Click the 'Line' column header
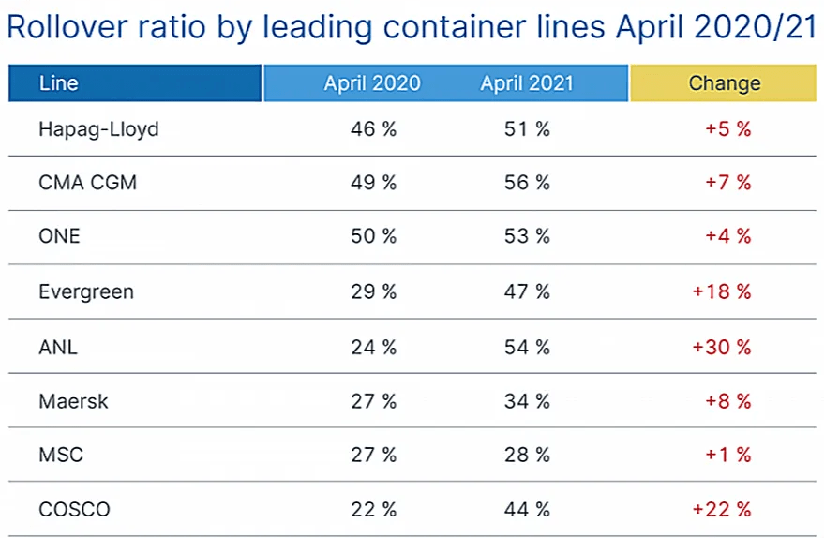58,83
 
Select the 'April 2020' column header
372,83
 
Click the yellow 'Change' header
724,83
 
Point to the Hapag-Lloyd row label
98,129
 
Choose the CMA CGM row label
87,183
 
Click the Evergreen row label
86,291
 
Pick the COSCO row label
74,510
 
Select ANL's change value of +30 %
721,347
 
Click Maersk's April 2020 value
372,401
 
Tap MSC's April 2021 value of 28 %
526,456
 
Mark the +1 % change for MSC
727,456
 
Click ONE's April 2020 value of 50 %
372,237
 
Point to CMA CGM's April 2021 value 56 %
526,183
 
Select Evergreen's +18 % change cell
721,291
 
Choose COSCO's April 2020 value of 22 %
372,510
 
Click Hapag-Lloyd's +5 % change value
727,129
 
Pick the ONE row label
59,237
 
